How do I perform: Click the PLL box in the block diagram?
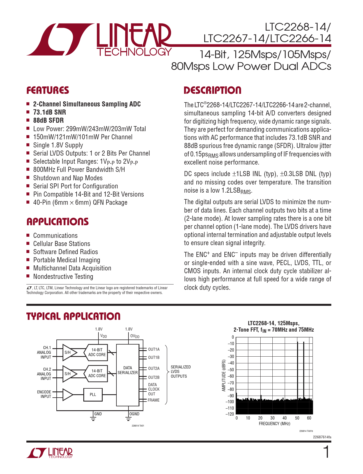pos(93,395)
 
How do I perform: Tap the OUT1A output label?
pos(154,349)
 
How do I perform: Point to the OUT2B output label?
pos(154,377)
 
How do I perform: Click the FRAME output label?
pos(153,400)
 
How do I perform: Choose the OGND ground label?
pos(134,414)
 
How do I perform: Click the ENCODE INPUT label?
pos(44,394)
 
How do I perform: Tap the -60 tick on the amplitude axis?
pos(231,376)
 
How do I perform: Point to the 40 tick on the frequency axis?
pos(285,418)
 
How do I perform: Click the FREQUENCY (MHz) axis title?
pos(274,424)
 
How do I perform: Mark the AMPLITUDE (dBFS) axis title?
pos(224,375)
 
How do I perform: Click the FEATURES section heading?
pos(48,90)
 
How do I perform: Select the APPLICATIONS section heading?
pos(58,222)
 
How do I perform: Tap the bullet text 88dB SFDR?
pos(49,120)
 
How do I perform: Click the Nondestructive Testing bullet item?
pos(63,277)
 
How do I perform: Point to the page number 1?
pos(326,452)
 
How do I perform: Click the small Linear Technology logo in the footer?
pos(50,453)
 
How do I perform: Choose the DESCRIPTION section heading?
pos(212,90)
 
